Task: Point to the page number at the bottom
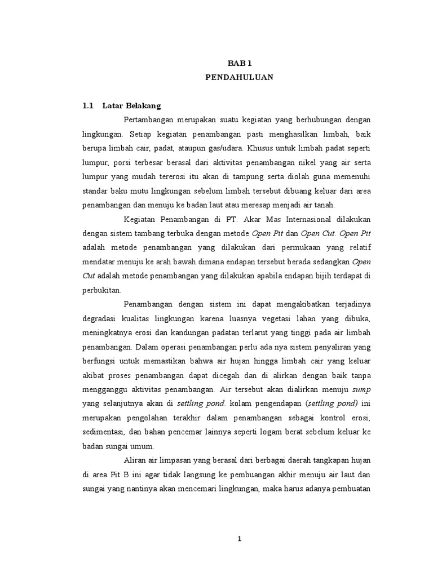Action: [x=239, y=539]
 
